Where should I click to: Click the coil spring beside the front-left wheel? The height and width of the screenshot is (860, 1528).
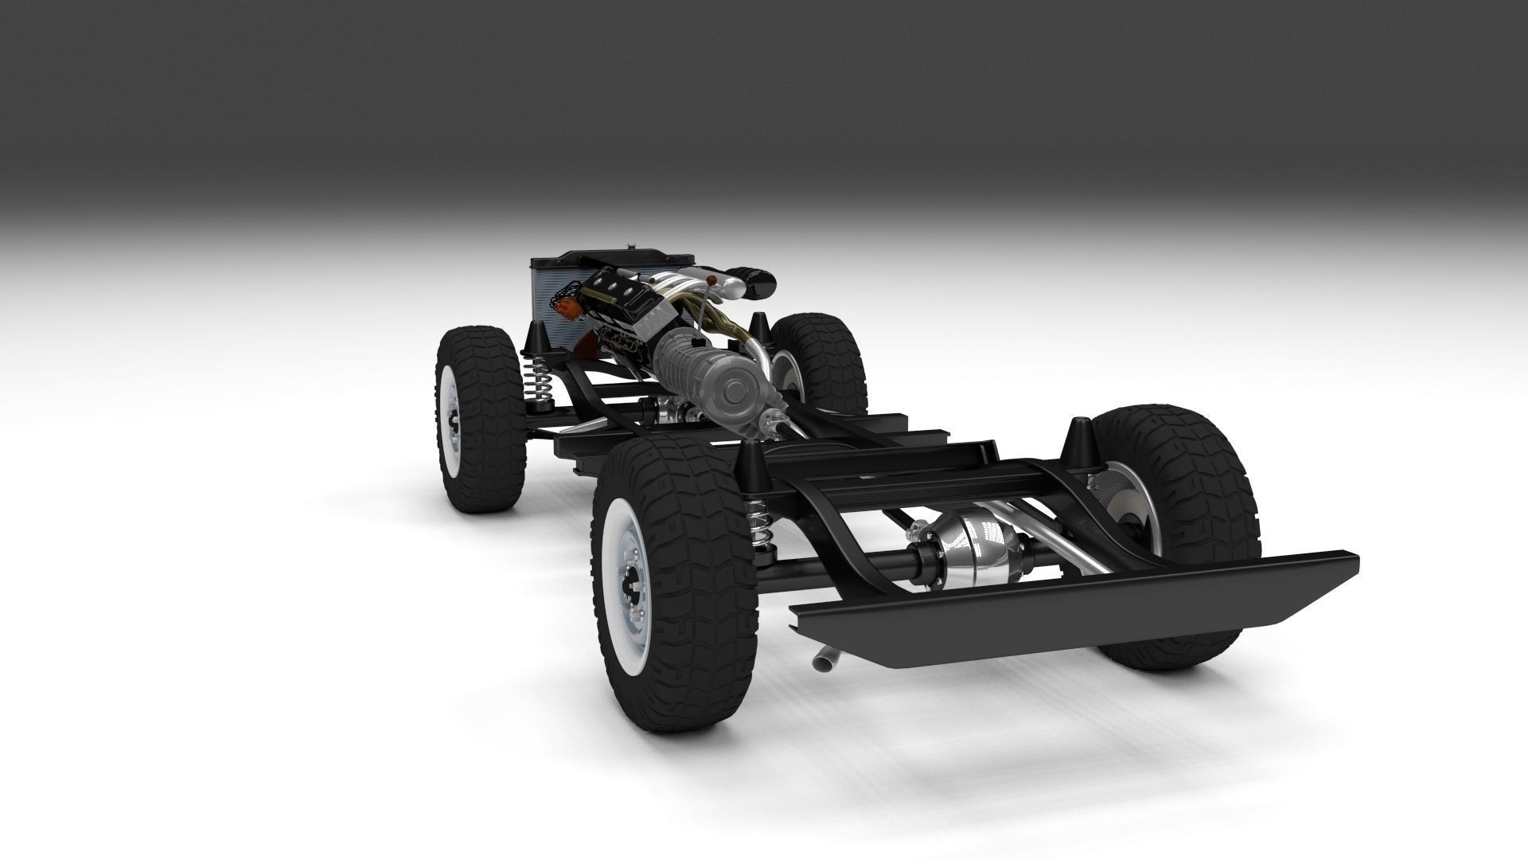542,378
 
